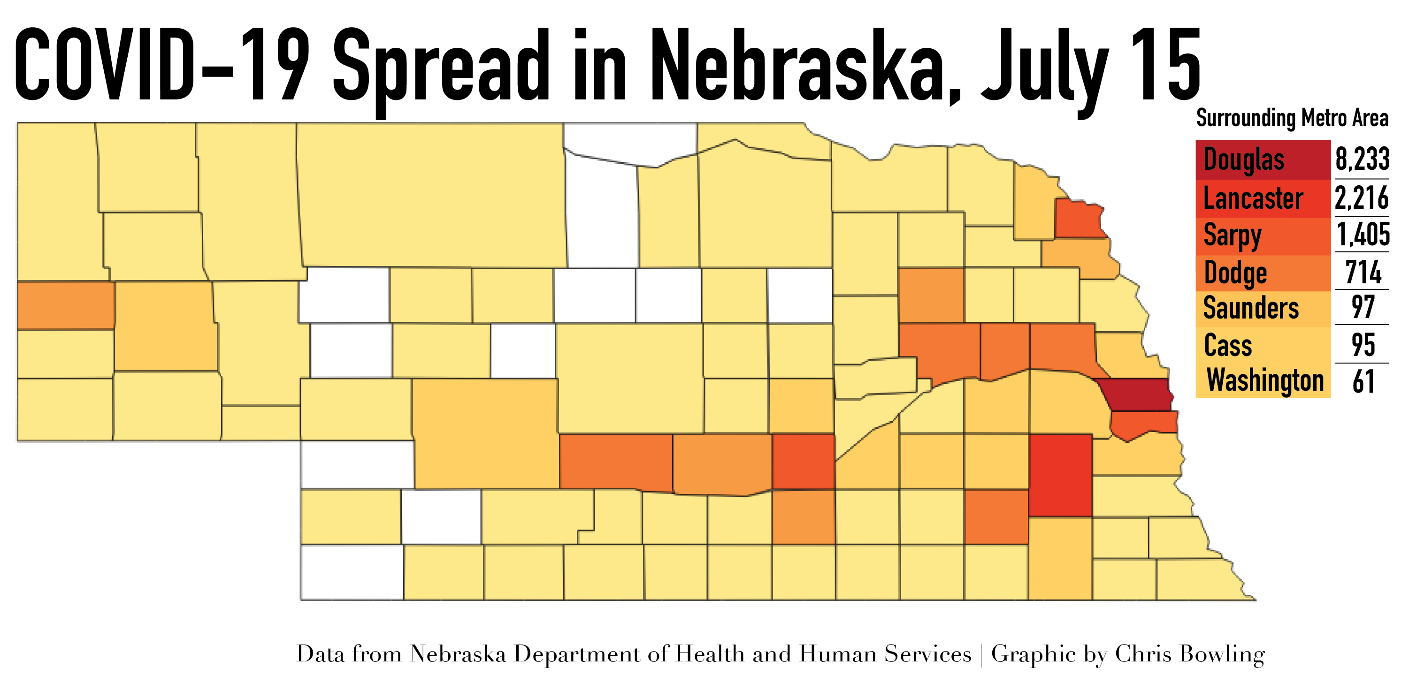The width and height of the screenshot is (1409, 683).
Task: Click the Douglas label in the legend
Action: coord(1243,160)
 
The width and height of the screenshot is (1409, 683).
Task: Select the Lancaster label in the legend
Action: coord(1253,198)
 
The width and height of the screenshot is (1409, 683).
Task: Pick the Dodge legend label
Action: coord(1235,273)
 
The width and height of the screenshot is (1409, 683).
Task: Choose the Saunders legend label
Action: coord(1250,308)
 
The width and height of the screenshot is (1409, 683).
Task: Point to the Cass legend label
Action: coord(1227,346)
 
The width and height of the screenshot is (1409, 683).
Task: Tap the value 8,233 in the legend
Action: coord(1362,159)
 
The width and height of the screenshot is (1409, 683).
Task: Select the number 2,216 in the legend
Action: coord(1362,198)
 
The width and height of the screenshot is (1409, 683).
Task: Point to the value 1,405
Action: coord(1363,235)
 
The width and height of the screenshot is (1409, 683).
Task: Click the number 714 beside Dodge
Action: coord(1363,273)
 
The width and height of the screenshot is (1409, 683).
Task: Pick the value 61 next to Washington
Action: coord(1363,382)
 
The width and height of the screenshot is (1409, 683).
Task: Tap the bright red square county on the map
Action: coord(1060,475)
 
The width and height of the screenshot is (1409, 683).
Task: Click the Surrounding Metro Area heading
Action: coord(1292,119)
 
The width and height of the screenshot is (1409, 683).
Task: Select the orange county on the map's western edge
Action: coord(66,305)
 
